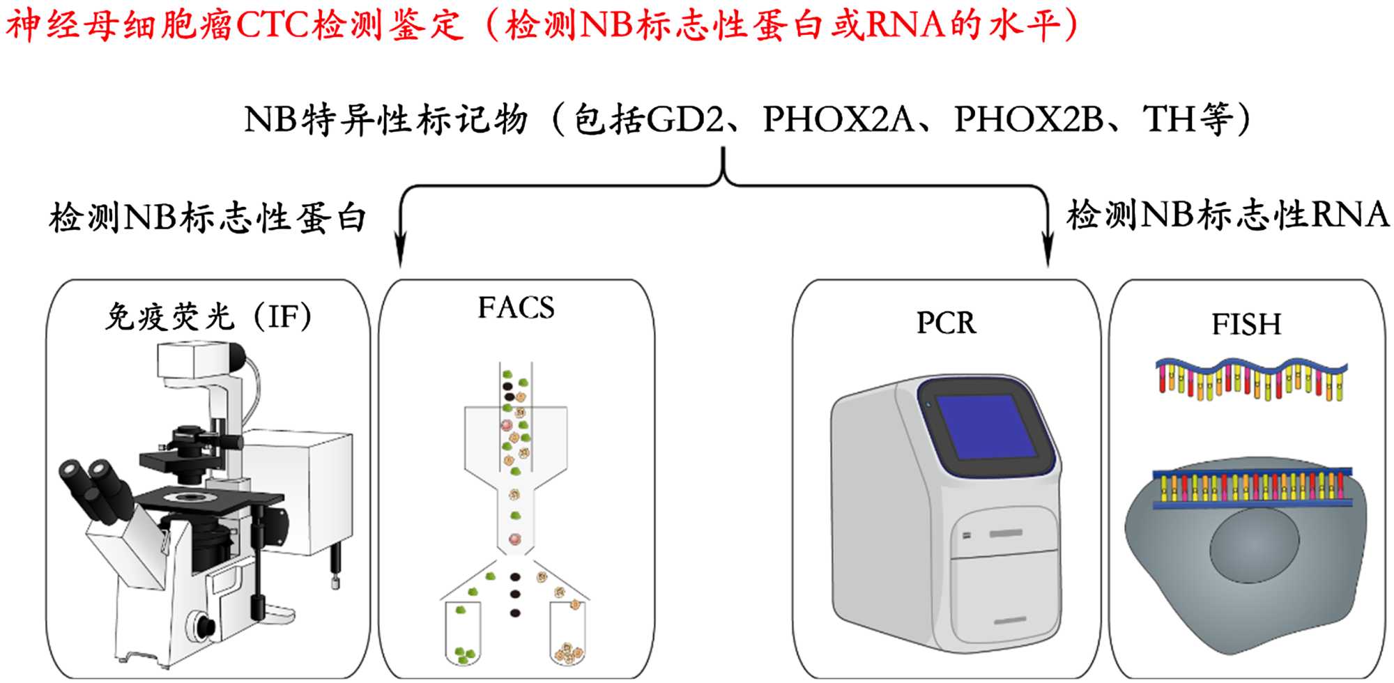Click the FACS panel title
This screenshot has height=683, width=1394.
(516, 308)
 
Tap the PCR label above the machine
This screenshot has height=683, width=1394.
(946, 323)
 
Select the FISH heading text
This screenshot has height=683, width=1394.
(1246, 324)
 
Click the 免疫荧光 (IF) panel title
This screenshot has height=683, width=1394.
(208, 317)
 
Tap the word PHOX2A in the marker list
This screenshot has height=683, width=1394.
(838, 120)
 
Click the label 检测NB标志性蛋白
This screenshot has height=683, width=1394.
(208, 217)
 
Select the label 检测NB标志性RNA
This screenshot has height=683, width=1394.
(1228, 215)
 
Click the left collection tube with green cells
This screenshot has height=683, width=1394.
(464, 634)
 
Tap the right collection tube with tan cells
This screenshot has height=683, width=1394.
(568, 634)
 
